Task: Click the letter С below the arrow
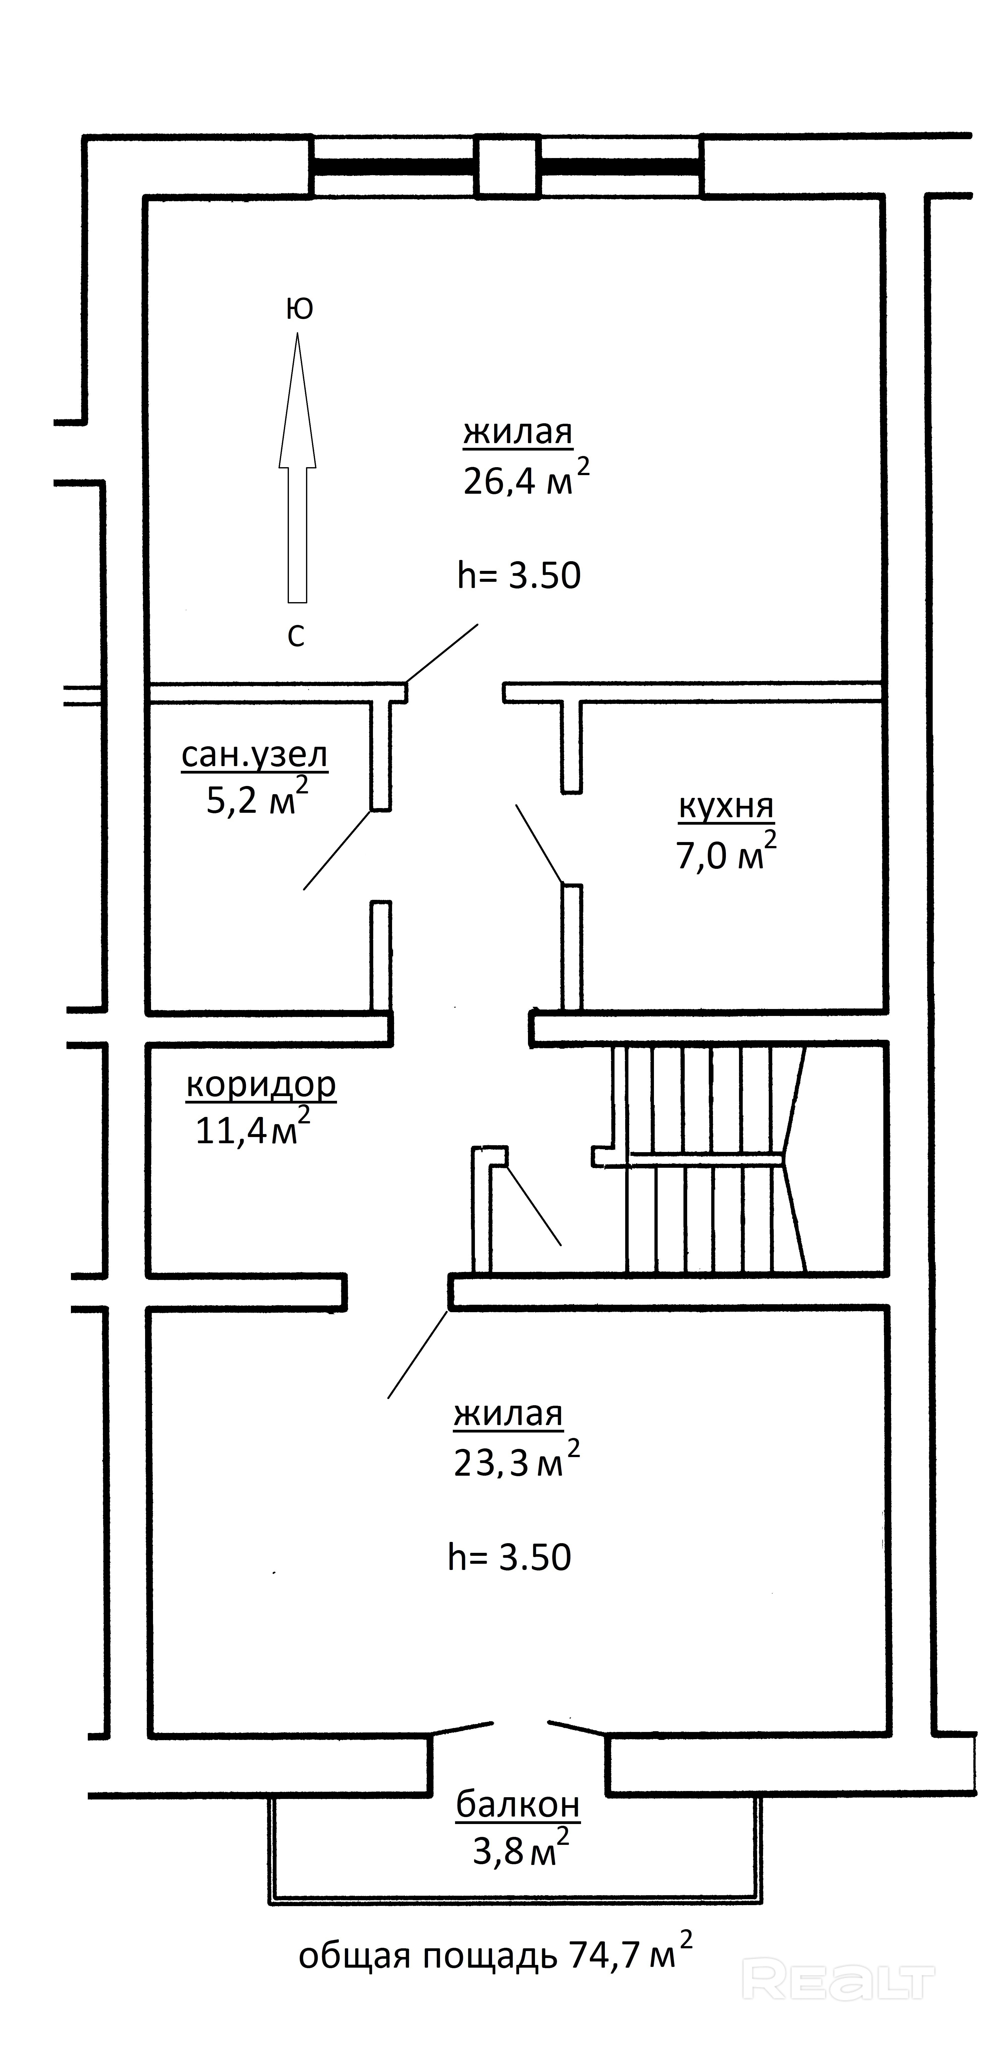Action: point(296,636)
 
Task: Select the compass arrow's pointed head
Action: point(297,398)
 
